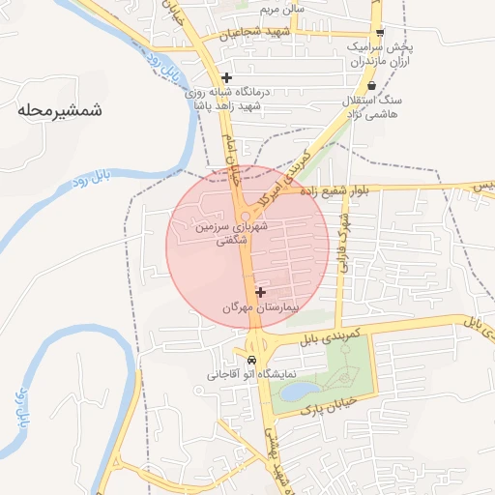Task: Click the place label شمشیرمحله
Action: [59, 110]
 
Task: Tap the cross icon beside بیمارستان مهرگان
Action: [260, 291]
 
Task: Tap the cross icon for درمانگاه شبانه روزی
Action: [225, 77]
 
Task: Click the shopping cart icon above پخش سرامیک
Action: [379, 31]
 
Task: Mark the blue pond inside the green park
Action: [299, 391]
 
